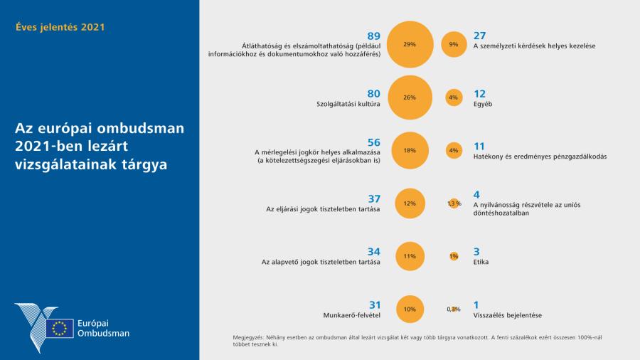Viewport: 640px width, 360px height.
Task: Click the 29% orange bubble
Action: [409, 44]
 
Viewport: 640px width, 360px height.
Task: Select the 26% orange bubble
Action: [409, 97]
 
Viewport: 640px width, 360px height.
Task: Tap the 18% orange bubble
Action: [409, 150]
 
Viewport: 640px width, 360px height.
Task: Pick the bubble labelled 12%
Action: [409, 203]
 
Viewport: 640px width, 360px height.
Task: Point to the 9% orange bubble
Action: [453, 44]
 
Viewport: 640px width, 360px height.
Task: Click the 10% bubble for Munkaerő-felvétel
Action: [409, 309]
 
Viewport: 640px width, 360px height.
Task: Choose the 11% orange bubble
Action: [409, 256]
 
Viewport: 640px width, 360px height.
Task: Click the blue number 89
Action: [373, 36]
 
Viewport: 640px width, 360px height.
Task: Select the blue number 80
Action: [373, 93]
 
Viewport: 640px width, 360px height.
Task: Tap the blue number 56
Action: [373, 142]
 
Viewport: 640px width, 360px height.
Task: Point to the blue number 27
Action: [479, 36]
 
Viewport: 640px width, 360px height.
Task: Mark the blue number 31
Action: [373, 305]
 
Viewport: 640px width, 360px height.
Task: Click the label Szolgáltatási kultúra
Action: [348, 104]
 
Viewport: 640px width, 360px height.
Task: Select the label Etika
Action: [481, 262]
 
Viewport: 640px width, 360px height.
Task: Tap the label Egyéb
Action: [483, 104]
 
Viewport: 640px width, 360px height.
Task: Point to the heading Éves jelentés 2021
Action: [60, 28]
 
